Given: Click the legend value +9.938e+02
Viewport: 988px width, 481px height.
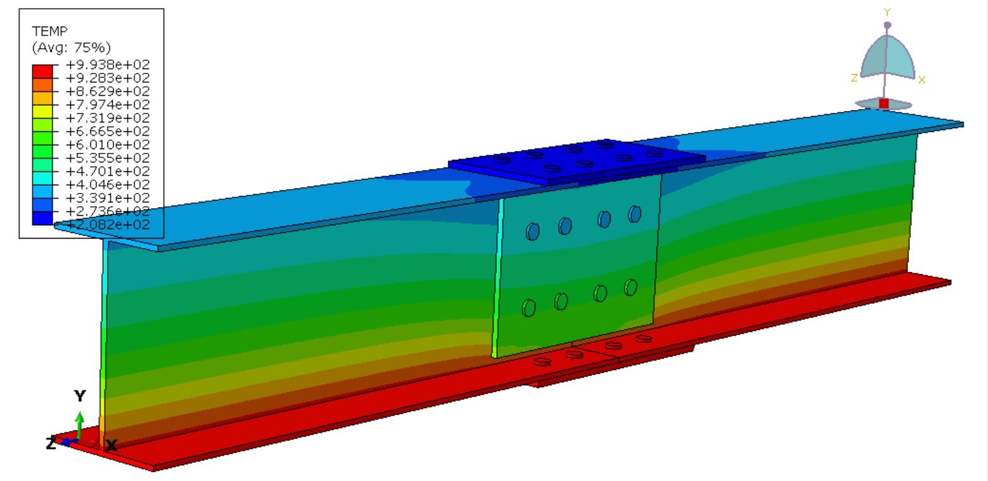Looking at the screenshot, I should pyautogui.click(x=107, y=64).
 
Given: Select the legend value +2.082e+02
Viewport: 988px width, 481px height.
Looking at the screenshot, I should pyautogui.click(x=107, y=224).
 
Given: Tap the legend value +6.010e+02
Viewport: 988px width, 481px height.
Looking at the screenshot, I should pyautogui.click(x=107, y=144).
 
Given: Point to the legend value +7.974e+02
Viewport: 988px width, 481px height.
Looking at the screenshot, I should pyautogui.click(x=107, y=104).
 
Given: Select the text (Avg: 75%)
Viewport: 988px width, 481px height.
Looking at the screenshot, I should pyautogui.click(x=71, y=47).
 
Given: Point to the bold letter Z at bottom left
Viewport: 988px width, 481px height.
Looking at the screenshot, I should pyautogui.click(x=51, y=444).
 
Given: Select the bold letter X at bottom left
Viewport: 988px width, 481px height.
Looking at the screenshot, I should pyautogui.click(x=111, y=445).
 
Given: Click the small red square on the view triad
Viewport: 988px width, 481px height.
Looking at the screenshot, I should pyautogui.click(x=883, y=103).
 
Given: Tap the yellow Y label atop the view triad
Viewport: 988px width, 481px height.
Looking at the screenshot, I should pyautogui.click(x=887, y=12).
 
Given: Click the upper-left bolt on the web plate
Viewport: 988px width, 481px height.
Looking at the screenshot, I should pyautogui.click(x=532, y=231).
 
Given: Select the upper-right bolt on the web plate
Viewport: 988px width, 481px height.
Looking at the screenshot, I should pyautogui.click(x=635, y=214).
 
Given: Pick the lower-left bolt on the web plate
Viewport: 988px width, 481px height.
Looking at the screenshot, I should pyautogui.click(x=529, y=308).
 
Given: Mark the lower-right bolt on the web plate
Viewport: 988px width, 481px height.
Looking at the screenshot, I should pyautogui.click(x=630, y=287).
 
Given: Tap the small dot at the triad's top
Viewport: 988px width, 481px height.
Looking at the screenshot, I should pyautogui.click(x=887, y=25).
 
